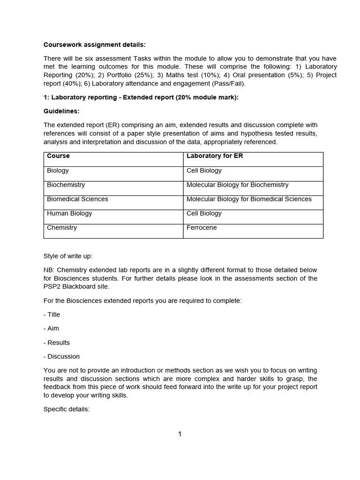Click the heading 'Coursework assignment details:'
click(x=95, y=45)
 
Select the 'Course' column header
click(x=58, y=156)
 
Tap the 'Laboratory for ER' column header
click(x=215, y=156)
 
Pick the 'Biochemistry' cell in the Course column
click(x=66, y=185)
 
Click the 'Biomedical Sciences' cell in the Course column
click(x=77, y=199)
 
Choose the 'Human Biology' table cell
click(x=69, y=213)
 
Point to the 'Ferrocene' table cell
click(x=202, y=227)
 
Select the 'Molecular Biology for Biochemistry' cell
click(x=237, y=185)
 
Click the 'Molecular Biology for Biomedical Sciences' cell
click(x=249, y=199)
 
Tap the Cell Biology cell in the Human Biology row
click(x=204, y=213)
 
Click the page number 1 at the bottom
click(x=180, y=434)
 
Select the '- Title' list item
click(x=52, y=315)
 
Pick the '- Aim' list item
click(x=52, y=329)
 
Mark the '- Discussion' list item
click(x=62, y=356)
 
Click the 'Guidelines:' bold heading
click(x=61, y=111)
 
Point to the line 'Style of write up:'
click(x=68, y=256)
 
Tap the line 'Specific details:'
click(x=67, y=409)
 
